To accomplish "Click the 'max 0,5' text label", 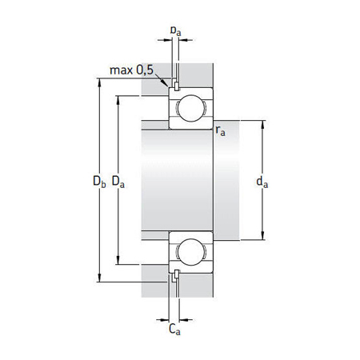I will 133,71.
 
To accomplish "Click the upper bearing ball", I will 190,109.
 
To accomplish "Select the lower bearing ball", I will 190,251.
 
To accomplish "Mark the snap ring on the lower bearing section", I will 174,277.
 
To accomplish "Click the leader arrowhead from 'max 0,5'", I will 169,84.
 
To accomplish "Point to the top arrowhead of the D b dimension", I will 100,81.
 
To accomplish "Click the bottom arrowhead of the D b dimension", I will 100,280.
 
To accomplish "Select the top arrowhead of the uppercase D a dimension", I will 119,98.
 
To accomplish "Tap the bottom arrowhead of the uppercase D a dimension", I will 119,262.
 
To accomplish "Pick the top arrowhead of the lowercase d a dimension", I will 262,123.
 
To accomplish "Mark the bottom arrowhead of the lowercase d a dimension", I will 262,237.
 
